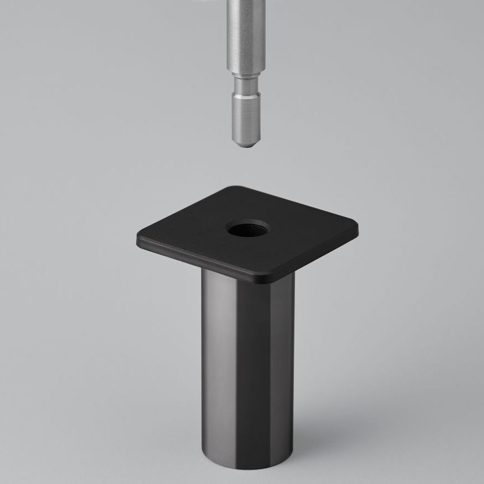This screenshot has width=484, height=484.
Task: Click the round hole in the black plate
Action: (x=248, y=228)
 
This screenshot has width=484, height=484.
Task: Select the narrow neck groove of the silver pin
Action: (x=243, y=85)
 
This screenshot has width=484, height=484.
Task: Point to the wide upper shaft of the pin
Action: (x=243, y=33)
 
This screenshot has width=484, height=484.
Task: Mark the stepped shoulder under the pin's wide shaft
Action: (x=243, y=74)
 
